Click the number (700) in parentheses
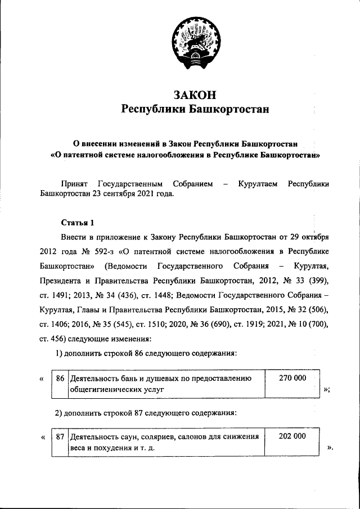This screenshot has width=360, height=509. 317,323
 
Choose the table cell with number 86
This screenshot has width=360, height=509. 60,378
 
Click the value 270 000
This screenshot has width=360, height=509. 292,378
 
